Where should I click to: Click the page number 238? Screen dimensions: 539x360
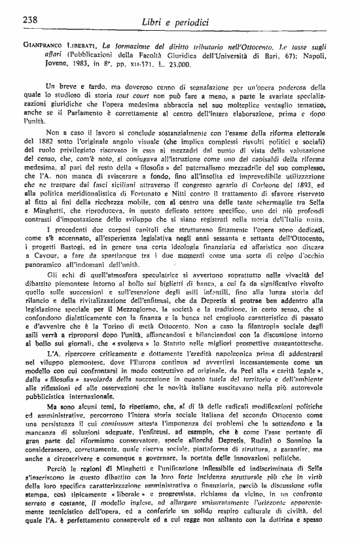click(30, 19)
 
